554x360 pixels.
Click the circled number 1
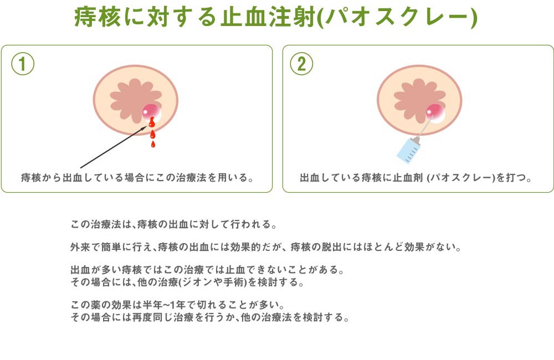23,64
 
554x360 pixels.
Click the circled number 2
301,64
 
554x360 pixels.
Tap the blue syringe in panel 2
409,150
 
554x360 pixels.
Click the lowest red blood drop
153,144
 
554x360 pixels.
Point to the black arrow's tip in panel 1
146,126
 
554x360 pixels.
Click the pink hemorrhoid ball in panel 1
152,112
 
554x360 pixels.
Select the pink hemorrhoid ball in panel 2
435,113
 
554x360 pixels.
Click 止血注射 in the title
268,17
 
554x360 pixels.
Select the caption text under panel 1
137,177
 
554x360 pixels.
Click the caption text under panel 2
416,177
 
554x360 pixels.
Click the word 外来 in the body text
80,246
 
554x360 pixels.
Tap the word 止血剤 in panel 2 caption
408,177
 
